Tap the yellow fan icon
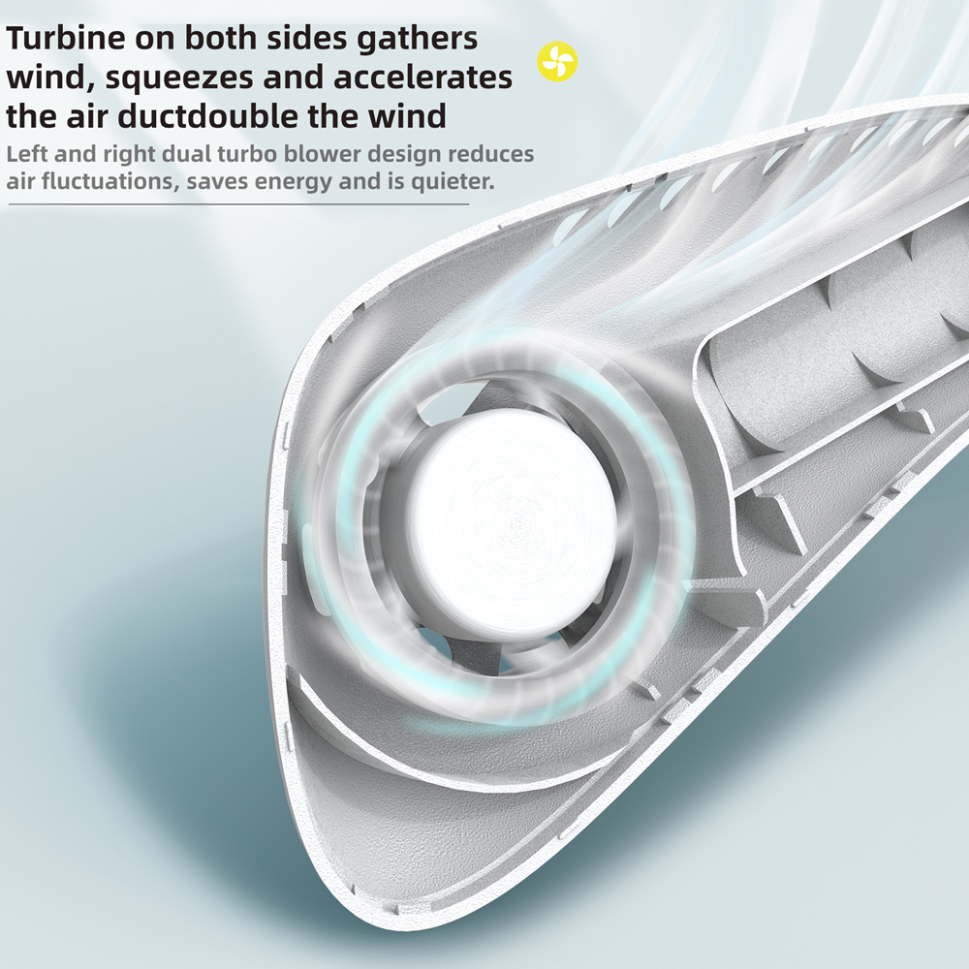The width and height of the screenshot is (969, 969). tap(557, 63)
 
